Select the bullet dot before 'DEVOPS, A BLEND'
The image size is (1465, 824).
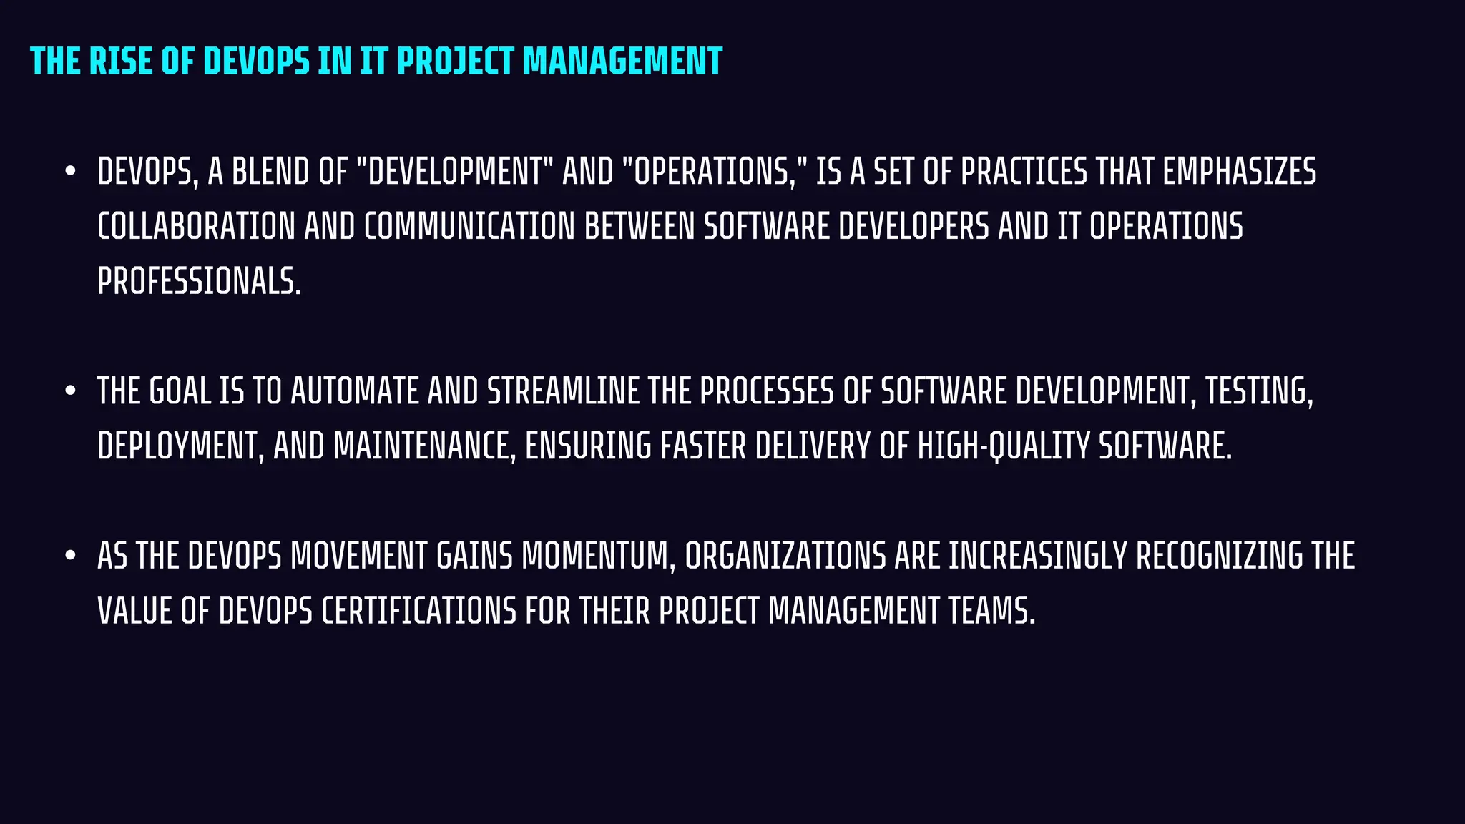70,172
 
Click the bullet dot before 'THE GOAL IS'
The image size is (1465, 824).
70,391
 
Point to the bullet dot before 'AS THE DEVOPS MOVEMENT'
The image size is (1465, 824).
70,556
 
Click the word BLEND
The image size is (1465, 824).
270,172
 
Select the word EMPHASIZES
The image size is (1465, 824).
1239,172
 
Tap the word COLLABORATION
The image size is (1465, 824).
196,227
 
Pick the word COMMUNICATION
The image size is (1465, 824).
469,227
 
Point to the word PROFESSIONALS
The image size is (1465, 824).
198,282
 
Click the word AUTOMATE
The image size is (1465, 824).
354,392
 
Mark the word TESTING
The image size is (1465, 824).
1259,392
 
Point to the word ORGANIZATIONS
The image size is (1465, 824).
785,556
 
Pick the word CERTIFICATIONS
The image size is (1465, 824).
418,612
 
